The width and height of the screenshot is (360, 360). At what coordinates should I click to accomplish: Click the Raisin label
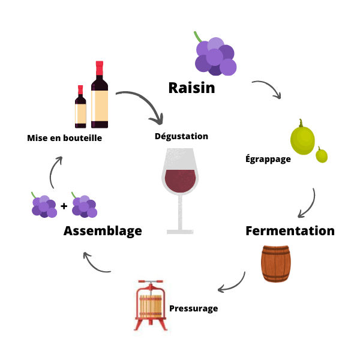[191, 88]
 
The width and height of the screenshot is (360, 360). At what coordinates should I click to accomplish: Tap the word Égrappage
[268, 159]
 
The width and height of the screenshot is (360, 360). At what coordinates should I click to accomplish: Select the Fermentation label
[290, 230]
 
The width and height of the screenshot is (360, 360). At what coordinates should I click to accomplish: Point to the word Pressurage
[193, 308]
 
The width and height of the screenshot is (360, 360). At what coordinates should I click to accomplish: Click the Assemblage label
[103, 230]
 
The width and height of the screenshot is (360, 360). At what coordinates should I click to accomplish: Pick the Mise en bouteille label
[64, 138]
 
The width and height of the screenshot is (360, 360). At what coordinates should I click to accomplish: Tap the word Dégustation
[181, 136]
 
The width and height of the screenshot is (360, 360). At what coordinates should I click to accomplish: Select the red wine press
[150, 305]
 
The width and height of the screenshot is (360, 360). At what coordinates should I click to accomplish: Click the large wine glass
[179, 186]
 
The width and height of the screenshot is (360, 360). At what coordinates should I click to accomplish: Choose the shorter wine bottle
[80, 108]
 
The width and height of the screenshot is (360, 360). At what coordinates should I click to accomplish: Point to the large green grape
[302, 139]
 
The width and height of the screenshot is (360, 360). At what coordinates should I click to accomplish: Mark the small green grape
[322, 155]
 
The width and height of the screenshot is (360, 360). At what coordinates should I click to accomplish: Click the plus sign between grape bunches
[64, 207]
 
